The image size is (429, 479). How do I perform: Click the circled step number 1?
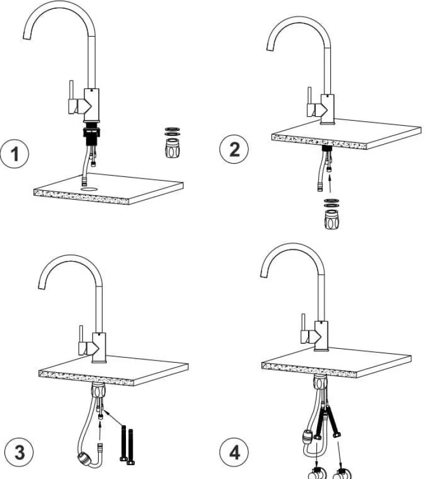point(14,154)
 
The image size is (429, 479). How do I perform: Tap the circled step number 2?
point(234,150)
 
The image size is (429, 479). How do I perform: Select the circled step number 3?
point(19,452)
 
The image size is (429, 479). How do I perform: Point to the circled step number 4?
point(234,452)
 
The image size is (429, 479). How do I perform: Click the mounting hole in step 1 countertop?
point(90,189)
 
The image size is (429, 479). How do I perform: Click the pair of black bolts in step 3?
point(126,445)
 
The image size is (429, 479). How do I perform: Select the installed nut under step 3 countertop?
point(98,390)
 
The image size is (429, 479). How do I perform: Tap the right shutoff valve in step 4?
point(342,473)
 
